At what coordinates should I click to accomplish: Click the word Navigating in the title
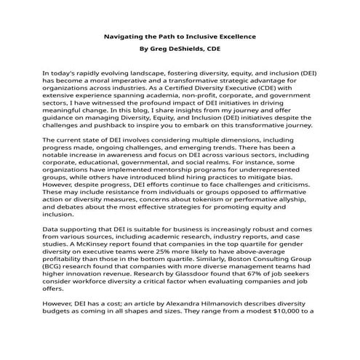(121, 36)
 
